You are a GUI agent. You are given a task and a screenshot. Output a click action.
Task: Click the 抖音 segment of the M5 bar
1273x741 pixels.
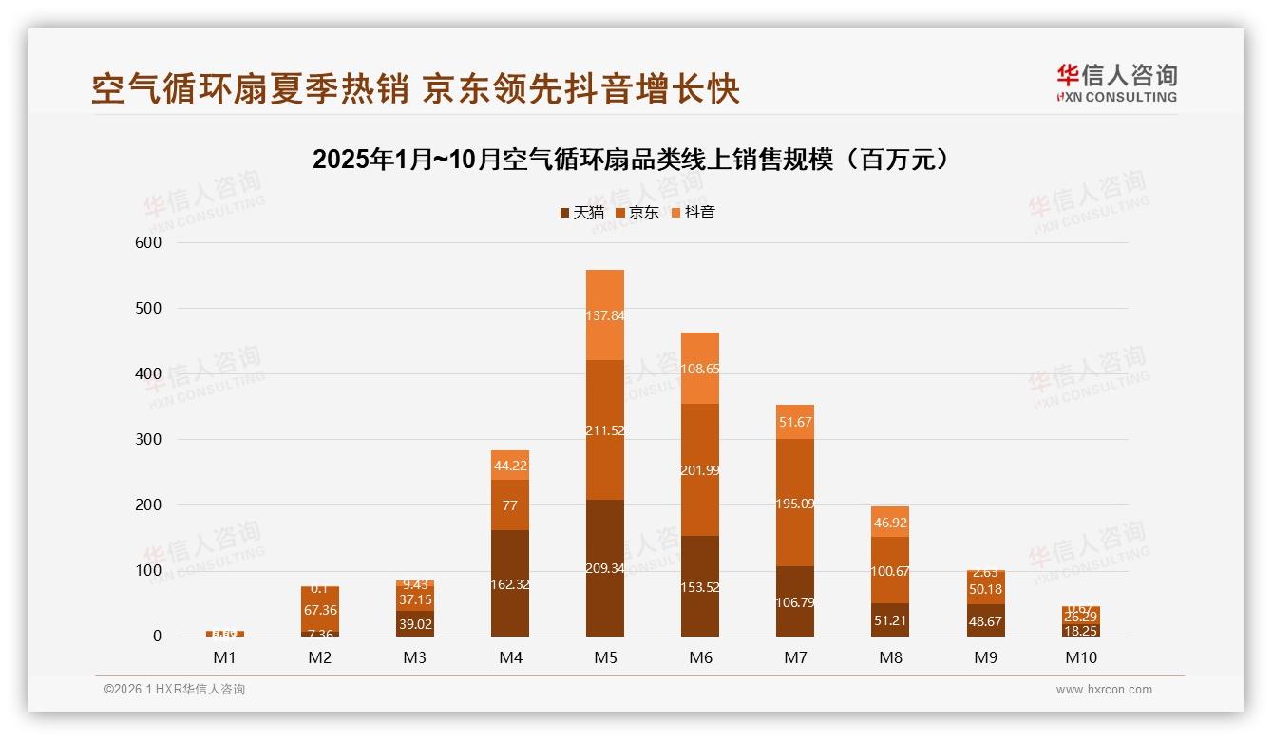[605, 314]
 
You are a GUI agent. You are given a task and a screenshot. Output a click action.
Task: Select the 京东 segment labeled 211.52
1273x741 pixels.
[605, 429]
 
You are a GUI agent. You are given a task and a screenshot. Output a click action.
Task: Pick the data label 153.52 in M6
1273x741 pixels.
[700, 587]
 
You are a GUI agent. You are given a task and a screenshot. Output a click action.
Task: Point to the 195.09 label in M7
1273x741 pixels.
[795, 503]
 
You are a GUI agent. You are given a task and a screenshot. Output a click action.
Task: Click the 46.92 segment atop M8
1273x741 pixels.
[890, 522]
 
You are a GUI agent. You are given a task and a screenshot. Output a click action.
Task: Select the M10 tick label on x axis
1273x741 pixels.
[1080, 657]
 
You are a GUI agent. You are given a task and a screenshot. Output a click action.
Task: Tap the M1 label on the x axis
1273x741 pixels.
[225, 657]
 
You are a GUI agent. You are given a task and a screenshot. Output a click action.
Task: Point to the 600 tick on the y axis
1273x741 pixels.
[150, 242]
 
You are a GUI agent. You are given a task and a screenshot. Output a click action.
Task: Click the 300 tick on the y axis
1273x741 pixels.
[150, 439]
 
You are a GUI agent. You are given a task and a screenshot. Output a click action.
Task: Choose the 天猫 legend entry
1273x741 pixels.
[581, 213]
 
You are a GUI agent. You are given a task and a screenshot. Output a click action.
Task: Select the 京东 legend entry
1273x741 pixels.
[637, 213]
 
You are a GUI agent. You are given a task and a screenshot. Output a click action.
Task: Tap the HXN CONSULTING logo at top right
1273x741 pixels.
[1116, 84]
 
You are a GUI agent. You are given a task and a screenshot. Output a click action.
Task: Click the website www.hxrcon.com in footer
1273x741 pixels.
[1104, 690]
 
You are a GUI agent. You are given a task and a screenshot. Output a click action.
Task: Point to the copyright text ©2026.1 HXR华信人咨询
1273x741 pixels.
[174, 690]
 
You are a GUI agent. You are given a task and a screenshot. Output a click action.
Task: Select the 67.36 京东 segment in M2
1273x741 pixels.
[320, 611]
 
